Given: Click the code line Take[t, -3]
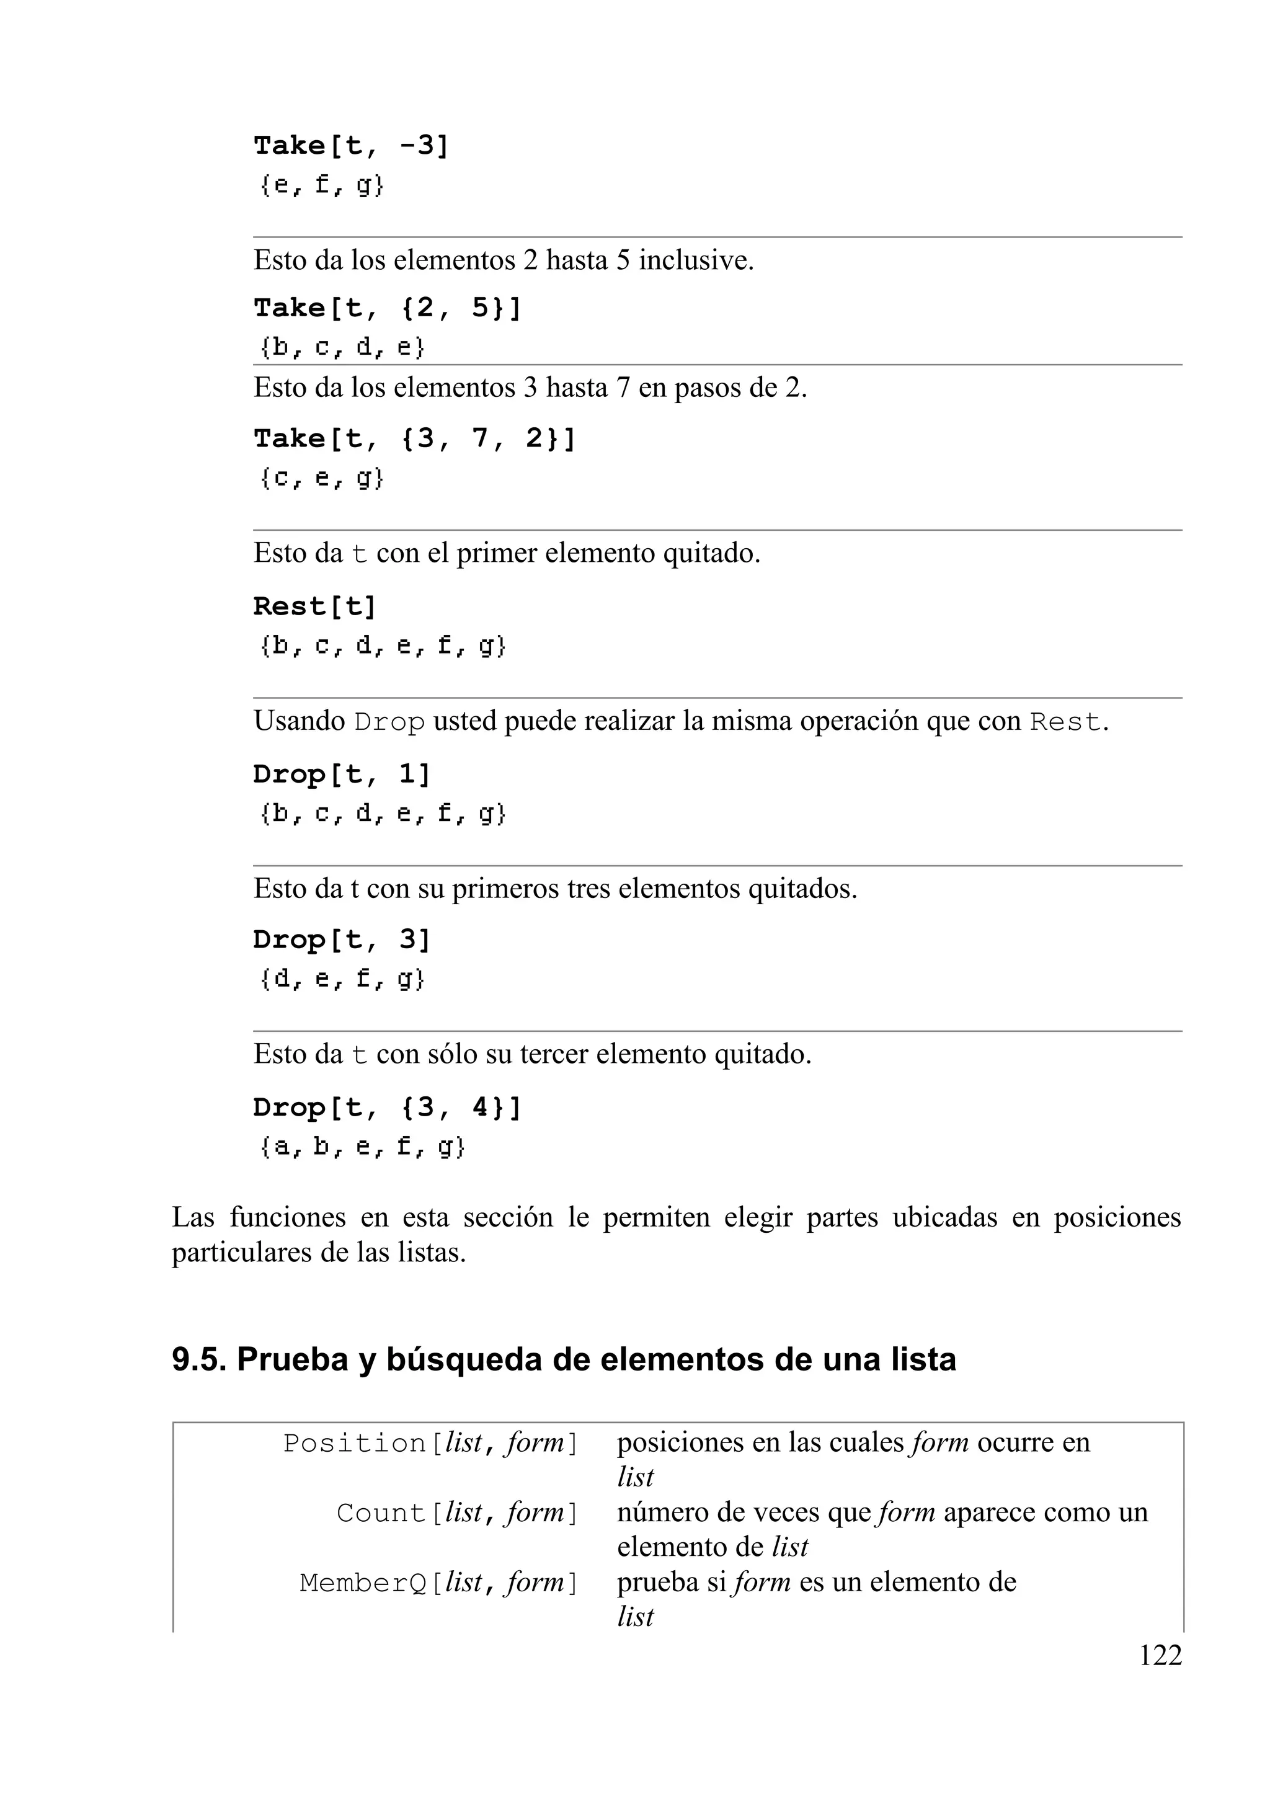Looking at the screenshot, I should click(351, 146).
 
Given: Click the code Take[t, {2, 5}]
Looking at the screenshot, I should click(387, 309).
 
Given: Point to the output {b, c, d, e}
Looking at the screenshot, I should click(342, 347).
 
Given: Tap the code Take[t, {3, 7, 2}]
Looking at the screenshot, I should click(414, 439).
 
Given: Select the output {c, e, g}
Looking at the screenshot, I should click(321, 478).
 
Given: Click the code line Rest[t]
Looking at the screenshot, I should click(315, 606).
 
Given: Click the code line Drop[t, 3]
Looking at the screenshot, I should click(342, 939).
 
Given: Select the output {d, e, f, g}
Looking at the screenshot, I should click(342, 979).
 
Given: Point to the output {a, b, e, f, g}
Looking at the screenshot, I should click(362, 1147).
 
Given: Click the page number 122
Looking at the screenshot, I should click(1160, 1656).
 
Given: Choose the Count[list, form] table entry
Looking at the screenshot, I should click(457, 1513).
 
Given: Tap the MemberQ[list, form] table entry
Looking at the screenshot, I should click(439, 1583).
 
